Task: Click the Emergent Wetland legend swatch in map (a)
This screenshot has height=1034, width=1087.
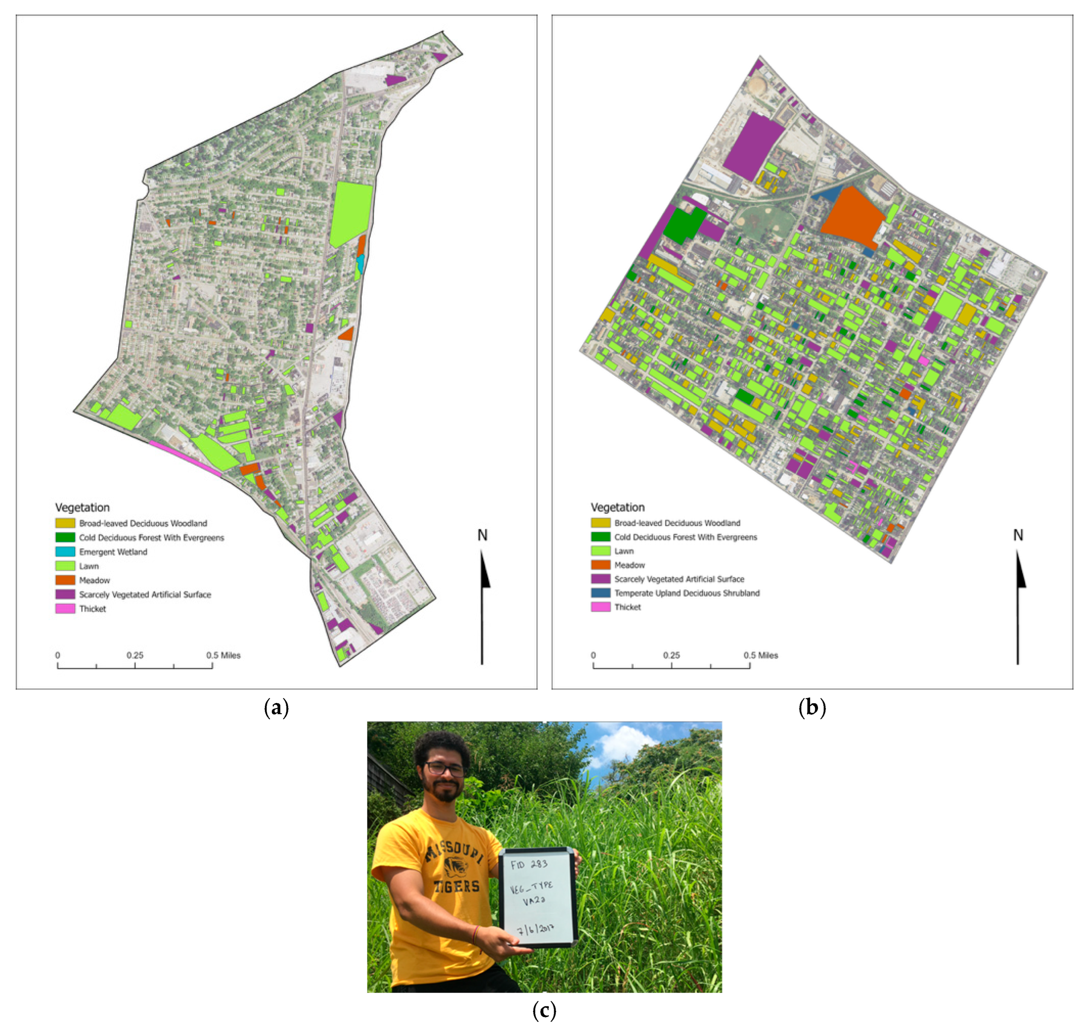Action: coord(65,552)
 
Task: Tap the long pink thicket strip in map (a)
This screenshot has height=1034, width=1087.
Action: coord(185,457)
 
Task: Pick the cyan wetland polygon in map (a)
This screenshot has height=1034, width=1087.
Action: coord(360,263)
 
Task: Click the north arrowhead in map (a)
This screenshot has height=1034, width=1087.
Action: coord(485,570)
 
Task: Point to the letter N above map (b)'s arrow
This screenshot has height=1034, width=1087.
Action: coord(1017,535)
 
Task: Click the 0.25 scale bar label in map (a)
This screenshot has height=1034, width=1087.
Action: coord(135,655)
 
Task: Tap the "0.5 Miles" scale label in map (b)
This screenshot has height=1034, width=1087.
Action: coord(761,655)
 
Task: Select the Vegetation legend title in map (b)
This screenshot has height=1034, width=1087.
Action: coord(617,507)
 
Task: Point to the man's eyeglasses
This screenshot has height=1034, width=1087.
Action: coord(444,768)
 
